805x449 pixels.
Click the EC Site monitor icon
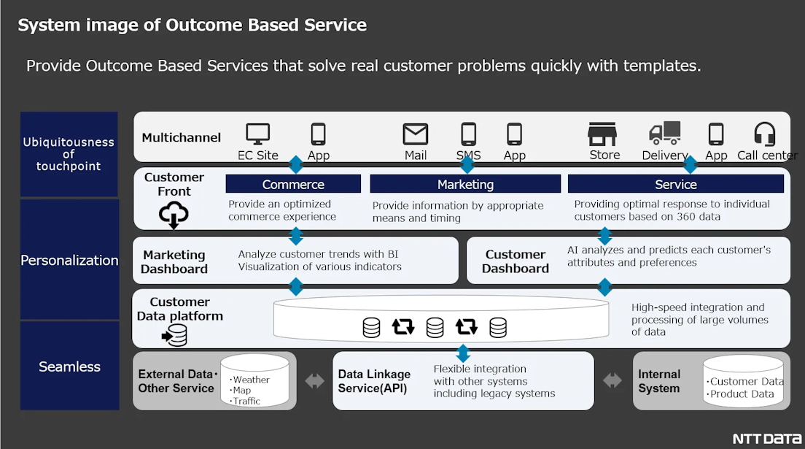(257, 134)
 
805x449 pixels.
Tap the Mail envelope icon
(416, 134)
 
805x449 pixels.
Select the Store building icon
(603, 134)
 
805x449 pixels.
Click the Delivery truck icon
(664, 133)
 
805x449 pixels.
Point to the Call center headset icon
(764, 134)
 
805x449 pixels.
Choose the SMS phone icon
(468, 134)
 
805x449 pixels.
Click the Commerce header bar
(293, 184)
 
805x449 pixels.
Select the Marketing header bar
(465, 184)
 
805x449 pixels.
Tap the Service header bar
(675, 184)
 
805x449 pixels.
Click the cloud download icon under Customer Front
(174, 215)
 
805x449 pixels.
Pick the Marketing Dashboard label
(174, 261)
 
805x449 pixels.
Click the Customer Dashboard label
(516, 261)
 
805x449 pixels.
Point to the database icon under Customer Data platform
(175, 335)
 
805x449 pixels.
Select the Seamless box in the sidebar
(69, 367)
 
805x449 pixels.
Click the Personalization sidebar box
(69, 260)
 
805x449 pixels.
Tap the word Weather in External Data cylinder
(250, 380)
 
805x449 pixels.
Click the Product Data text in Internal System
(743, 394)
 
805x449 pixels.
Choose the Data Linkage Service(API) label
(374, 381)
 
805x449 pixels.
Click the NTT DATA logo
(766, 438)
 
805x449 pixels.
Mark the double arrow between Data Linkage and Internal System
(612, 380)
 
